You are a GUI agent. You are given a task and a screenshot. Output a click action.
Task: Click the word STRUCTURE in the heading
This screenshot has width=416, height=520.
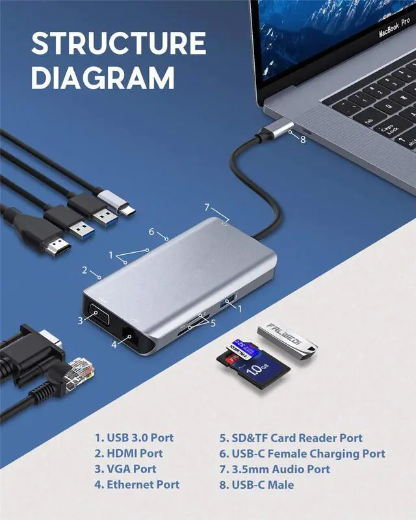pyautogui.click(x=119, y=44)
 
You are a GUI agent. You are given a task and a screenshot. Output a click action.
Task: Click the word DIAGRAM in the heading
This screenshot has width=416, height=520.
pyautogui.click(x=103, y=78)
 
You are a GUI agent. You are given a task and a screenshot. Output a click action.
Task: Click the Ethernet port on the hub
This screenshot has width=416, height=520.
pyautogui.click(x=133, y=338)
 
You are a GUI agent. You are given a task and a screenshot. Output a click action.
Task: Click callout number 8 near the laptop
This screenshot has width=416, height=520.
pyautogui.click(x=302, y=138)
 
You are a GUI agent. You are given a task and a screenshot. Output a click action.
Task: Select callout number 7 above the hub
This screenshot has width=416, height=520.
pyautogui.click(x=207, y=207)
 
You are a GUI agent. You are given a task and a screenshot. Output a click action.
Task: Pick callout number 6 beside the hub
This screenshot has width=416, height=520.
pyautogui.click(x=151, y=232)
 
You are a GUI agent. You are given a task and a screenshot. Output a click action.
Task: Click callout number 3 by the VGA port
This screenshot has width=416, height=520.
pyautogui.click(x=81, y=320)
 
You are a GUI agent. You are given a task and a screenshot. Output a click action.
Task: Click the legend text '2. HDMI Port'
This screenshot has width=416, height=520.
pyautogui.click(x=129, y=453)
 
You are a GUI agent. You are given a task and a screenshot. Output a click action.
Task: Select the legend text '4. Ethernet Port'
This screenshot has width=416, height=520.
pyautogui.click(x=136, y=484)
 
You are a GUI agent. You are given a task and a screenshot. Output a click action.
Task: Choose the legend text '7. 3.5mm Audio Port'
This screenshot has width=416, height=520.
pyautogui.click(x=274, y=469)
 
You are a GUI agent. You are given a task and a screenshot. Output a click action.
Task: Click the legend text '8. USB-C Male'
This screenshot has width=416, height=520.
pyautogui.click(x=256, y=484)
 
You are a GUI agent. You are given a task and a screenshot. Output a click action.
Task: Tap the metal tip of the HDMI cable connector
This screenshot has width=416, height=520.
pyautogui.click(x=60, y=247)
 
